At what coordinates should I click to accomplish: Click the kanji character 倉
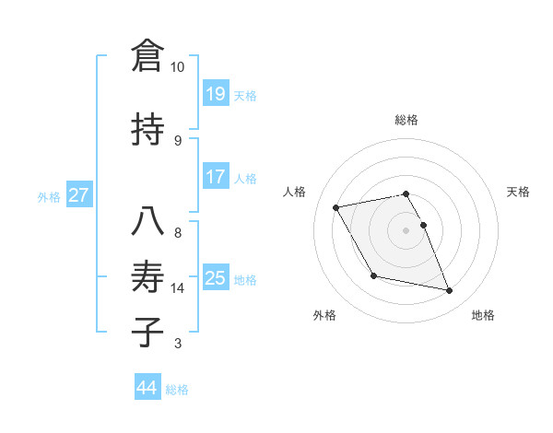click(x=147, y=56)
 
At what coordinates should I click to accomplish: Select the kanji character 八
click(x=147, y=222)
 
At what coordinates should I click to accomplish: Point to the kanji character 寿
click(x=147, y=276)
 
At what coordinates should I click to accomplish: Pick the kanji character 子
click(x=147, y=331)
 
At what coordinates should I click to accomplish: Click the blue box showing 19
click(x=216, y=93)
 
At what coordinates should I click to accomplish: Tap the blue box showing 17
click(x=216, y=176)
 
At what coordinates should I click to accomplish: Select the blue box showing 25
click(x=216, y=277)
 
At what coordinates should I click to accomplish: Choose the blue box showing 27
click(x=79, y=195)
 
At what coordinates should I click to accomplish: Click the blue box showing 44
click(x=147, y=388)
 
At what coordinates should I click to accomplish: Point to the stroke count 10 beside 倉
click(x=178, y=67)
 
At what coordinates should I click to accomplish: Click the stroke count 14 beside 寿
click(x=178, y=288)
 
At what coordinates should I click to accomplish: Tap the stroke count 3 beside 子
click(x=178, y=344)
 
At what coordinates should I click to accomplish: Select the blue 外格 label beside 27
click(x=49, y=196)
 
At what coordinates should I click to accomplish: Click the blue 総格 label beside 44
click(x=177, y=390)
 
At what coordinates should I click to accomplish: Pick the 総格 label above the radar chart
click(x=406, y=120)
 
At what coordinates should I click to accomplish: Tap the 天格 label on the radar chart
click(x=518, y=192)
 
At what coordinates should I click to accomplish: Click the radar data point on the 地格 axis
click(x=450, y=291)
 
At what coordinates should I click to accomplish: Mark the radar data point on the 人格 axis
click(x=336, y=207)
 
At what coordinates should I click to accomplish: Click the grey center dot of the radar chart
click(x=406, y=229)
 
